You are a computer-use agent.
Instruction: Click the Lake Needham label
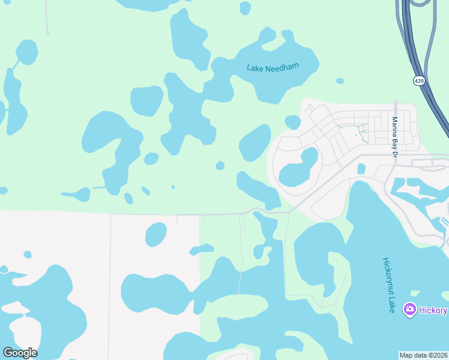coord(273,67)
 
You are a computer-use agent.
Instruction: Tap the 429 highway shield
coord(418,80)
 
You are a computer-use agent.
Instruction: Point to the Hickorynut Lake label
coord(388,285)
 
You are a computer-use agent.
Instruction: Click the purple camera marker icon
coord(411,310)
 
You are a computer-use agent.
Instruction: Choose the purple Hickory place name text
coord(433,310)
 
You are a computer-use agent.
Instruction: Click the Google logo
coord(20,353)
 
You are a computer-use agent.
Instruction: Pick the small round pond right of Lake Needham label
coord(340,81)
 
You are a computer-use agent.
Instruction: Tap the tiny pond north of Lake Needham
coord(245,8)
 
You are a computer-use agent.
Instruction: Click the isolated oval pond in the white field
coord(156,234)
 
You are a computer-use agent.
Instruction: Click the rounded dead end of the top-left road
coord(47,33)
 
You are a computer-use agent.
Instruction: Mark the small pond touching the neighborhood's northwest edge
coord(292,122)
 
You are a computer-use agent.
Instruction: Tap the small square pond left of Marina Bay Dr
coord(361,169)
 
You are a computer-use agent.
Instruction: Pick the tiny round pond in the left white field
coord(28,254)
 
